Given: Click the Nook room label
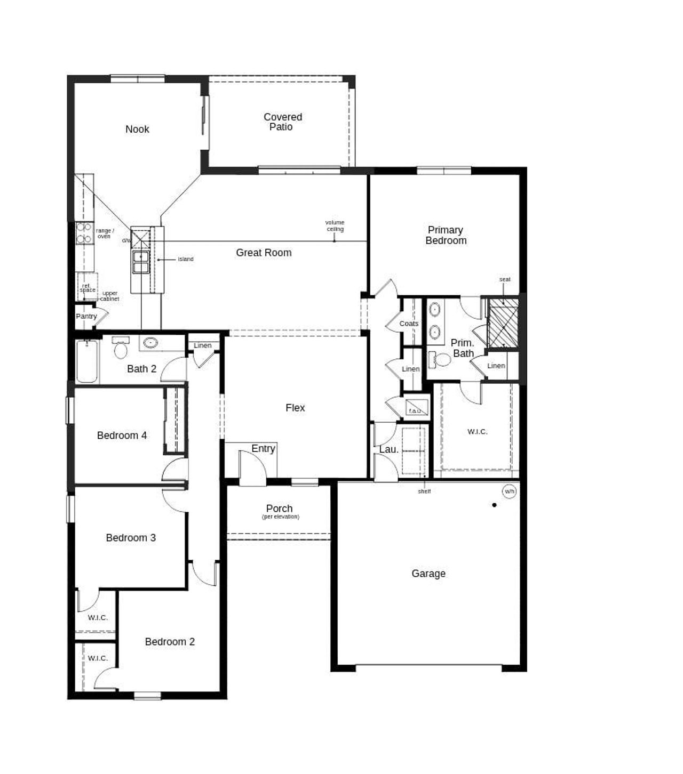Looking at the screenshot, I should pyautogui.click(x=137, y=129).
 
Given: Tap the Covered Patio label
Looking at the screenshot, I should pyautogui.click(x=282, y=122).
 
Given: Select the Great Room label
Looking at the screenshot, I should pyautogui.click(x=264, y=253).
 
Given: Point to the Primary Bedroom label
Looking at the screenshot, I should pyautogui.click(x=446, y=235).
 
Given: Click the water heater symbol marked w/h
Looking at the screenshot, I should pyautogui.click(x=510, y=491).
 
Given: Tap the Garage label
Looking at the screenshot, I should pyautogui.click(x=428, y=574).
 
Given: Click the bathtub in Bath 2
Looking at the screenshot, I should pyautogui.click(x=87, y=361).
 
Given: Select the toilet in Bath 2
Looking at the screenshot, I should pyautogui.click(x=121, y=349).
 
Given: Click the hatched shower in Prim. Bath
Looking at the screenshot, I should pyautogui.click(x=504, y=322).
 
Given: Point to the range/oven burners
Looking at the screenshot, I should pyautogui.click(x=84, y=233).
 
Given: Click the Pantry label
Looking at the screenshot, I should pyautogui.click(x=86, y=316).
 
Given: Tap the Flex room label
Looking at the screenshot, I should pyautogui.click(x=295, y=408).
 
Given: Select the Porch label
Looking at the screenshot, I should pyautogui.click(x=279, y=509).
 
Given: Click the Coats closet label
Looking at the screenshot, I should pyautogui.click(x=409, y=324).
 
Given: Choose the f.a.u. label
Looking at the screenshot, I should pyautogui.click(x=415, y=410).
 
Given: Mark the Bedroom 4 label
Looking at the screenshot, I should pyautogui.click(x=122, y=436).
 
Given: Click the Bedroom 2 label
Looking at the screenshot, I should pyautogui.click(x=170, y=642).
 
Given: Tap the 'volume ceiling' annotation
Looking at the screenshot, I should pyautogui.click(x=335, y=225).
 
